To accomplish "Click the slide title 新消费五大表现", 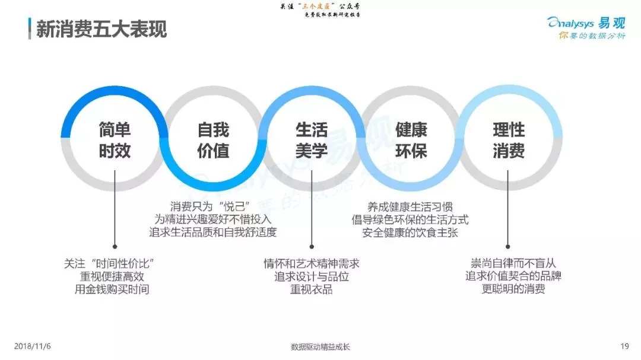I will (x=101, y=28).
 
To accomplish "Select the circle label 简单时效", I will (x=115, y=141).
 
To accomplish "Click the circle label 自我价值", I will (x=213, y=141).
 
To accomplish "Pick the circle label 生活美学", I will (x=312, y=141).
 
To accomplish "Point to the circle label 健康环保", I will (x=411, y=141).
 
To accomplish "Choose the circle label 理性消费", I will (x=509, y=141).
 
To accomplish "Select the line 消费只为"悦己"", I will (x=212, y=206).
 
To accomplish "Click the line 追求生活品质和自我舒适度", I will (x=212, y=232).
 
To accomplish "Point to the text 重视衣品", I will (x=311, y=289).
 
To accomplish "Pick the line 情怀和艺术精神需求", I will (x=311, y=263).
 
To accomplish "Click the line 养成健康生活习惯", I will (x=410, y=206).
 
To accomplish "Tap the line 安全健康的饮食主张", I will (x=410, y=232).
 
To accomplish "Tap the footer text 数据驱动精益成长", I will (x=320, y=347).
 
